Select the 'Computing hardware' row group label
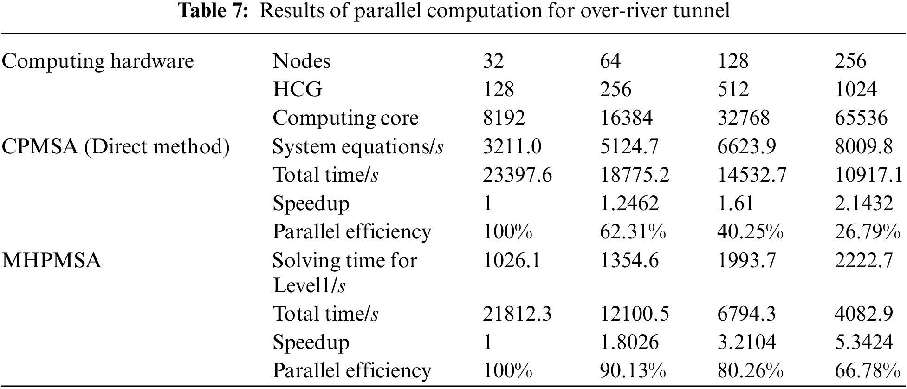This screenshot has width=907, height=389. tap(98, 61)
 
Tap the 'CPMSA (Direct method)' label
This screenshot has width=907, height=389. tap(116, 147)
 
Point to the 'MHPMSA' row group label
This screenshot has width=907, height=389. tap(52, 261)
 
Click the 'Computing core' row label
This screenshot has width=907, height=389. tap(345, 118)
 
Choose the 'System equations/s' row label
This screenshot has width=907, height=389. tap(357, 147)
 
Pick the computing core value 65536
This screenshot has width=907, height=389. tap(861, 118)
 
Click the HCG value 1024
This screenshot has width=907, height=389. tap(855, 89)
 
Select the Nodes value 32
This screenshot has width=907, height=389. tap(493, 61)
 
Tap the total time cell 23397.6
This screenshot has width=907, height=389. tap(518, 175)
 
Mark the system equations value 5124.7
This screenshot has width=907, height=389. tap(629, 147)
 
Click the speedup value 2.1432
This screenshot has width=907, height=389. tap(863, 204)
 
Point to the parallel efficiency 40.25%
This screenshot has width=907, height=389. tap(750, 232)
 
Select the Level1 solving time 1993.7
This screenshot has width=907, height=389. tap(746, 261)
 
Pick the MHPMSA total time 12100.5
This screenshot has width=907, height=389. tap(635, 314)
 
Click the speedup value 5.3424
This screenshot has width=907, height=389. tap(863, 343)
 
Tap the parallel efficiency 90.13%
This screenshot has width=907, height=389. tap(633, 371)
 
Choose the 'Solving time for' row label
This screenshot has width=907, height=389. tap(345, 261)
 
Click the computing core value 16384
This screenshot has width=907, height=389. tap(626, 118)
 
